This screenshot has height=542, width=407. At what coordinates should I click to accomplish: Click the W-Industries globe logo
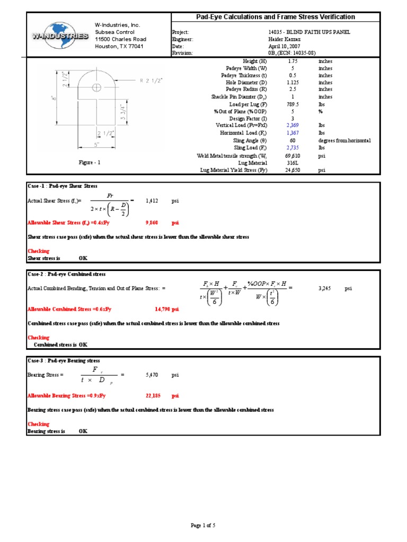coord(59,35)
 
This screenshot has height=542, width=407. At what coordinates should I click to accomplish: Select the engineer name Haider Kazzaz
coord(285,39)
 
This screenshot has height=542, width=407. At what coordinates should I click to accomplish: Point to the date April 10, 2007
coord(285,46)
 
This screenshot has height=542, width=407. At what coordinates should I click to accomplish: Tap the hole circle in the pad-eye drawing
coord(96,87)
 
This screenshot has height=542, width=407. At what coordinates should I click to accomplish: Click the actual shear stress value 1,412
coord(152,202)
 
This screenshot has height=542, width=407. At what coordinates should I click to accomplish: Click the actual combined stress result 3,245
coord(325,288)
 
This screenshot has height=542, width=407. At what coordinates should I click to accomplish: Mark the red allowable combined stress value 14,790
coord(166,309)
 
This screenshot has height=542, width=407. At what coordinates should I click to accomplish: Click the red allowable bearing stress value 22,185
coord(152,395)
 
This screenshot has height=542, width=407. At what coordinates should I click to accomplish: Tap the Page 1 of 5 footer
coord(203,526)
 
